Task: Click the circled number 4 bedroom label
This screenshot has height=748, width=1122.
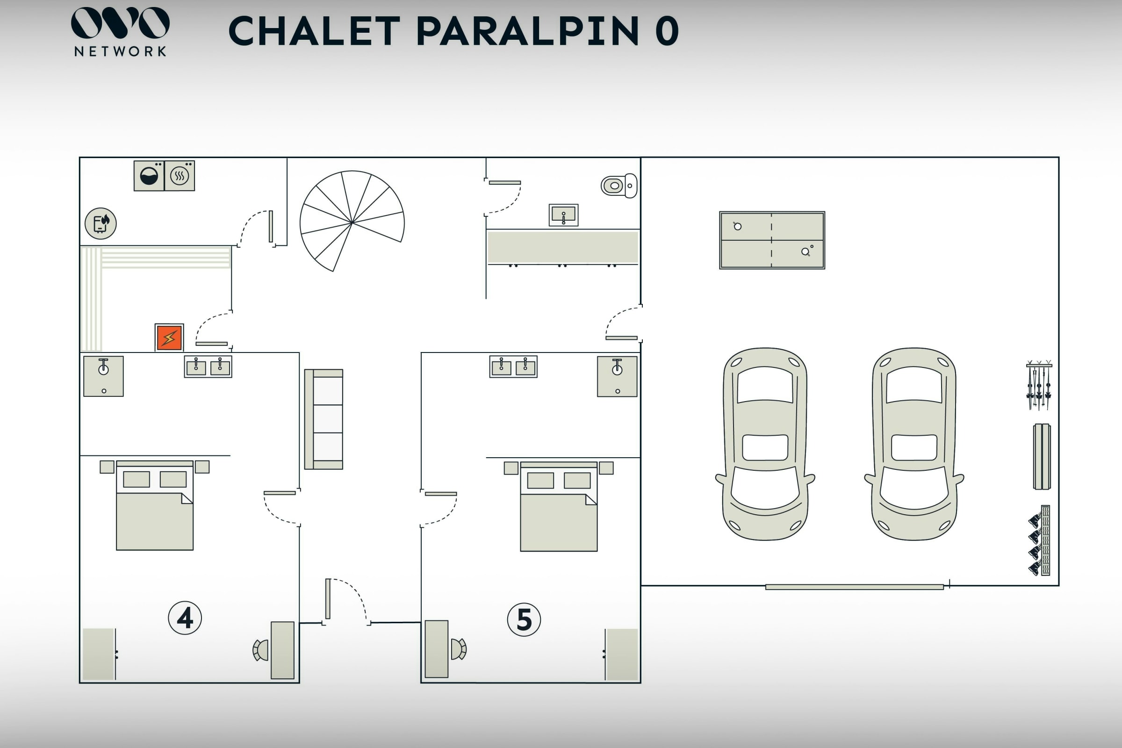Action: pos(185,618)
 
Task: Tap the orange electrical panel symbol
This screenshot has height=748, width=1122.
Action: pos(169,337)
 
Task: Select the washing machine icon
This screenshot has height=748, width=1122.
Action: pos(149,176)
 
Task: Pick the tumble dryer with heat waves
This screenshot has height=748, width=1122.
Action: pos(180,176)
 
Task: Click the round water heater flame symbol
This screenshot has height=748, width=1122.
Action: pos(101,223)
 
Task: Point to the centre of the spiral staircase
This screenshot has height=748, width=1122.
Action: pos(352,221)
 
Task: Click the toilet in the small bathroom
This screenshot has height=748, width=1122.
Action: pos(619,186)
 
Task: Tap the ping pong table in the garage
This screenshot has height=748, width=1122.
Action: pos(772,240)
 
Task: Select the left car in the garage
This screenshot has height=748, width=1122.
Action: pos(765,444)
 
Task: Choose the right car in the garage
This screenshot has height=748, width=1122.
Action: pos(914,444)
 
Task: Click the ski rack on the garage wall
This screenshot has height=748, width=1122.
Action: pos(1039,384)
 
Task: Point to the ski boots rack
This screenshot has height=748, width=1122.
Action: pos(1039,540)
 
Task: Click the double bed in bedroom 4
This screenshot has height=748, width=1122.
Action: pos(155,505)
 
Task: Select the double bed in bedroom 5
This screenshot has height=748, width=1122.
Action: pos(559,506)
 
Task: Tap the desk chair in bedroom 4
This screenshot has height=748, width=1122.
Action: pos(260,650)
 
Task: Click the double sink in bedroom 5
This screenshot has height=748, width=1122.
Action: pos(513,367)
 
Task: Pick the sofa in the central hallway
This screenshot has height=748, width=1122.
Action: pos(324,419)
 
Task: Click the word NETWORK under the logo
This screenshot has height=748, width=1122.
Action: pos(120,51)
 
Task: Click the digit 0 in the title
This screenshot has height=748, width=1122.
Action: pos(667,30)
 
